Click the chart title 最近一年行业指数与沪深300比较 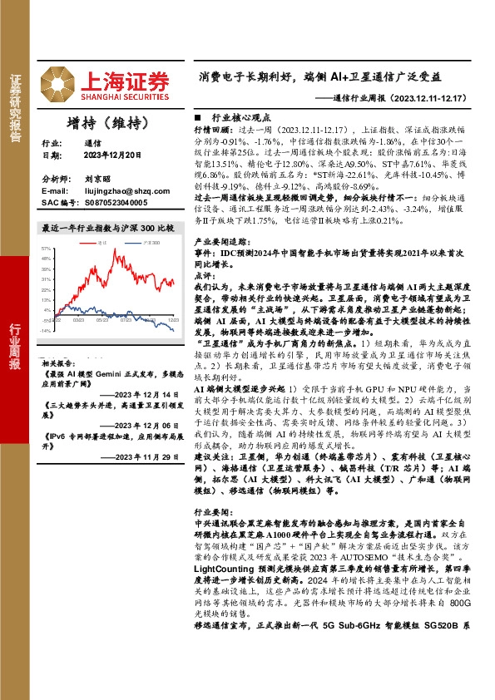107,227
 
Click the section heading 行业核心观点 236,119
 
